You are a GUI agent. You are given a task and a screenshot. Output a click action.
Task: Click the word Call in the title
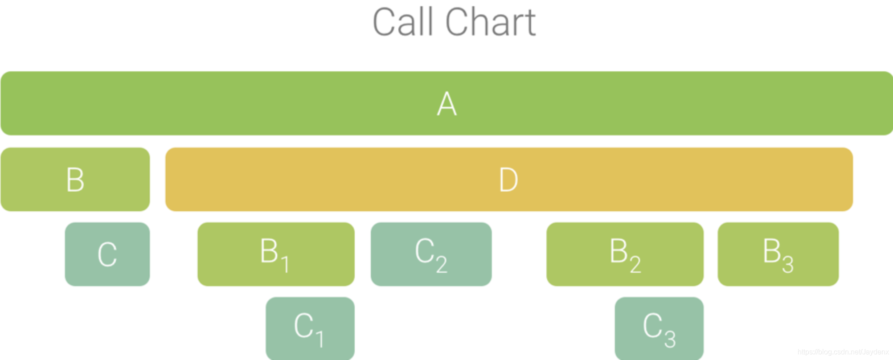click(403, 22)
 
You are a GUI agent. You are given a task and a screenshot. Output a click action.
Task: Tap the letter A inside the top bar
click(446, 104)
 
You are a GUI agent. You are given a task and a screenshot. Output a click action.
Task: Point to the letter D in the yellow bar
click(508, 180)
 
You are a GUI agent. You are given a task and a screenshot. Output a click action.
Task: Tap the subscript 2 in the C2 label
click(442, 265)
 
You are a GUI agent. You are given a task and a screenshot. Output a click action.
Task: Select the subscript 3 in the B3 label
click(788, 265)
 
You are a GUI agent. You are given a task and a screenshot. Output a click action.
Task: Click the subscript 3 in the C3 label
click(670, 340)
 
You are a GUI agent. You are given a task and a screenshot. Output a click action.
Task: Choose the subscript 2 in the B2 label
click(635, 265)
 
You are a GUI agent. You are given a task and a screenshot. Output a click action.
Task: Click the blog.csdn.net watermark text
click(843, 352)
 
